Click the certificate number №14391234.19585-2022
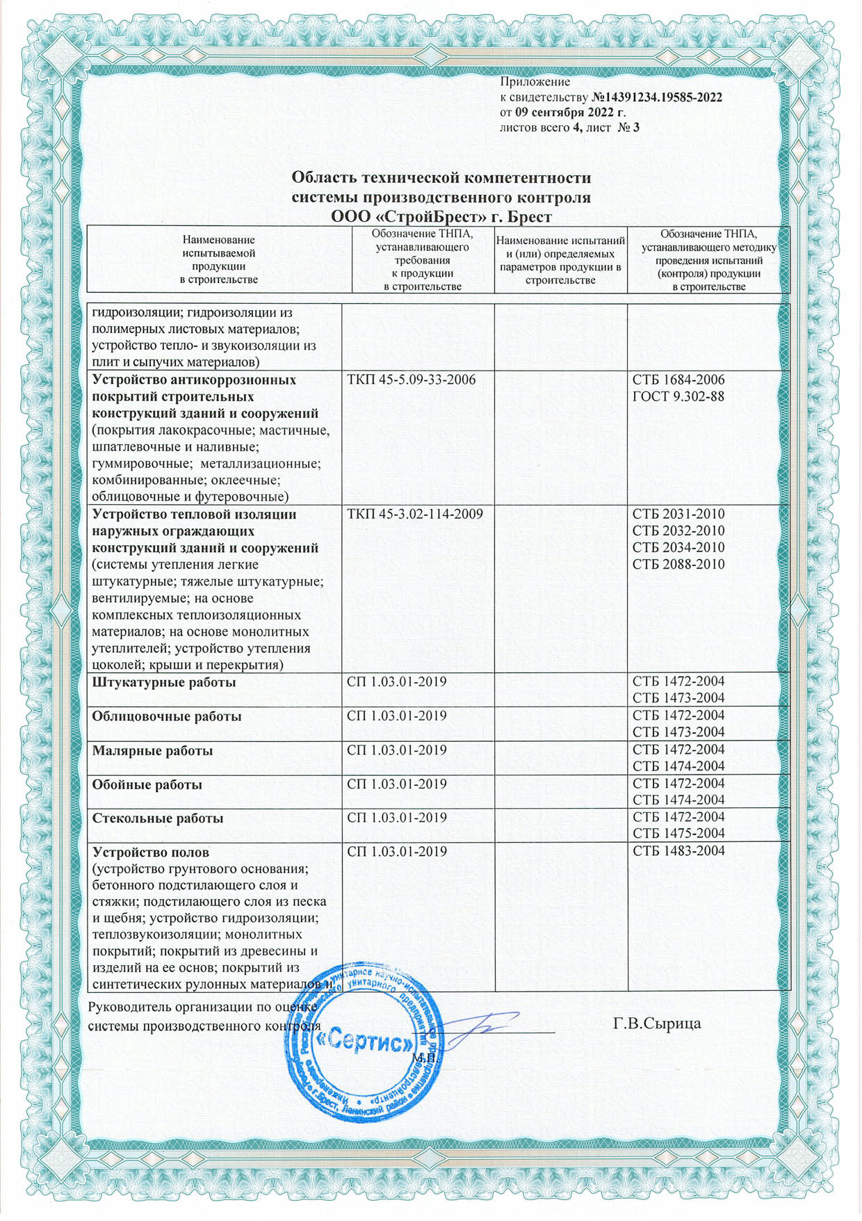[657, 97]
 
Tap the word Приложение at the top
[535, 82]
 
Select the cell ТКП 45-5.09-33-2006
[412, 380]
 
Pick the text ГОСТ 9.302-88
[678, 397]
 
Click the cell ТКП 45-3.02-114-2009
[415, 515]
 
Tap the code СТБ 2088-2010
[678, 565]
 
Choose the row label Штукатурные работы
[164, 683]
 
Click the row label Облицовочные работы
[167, 716]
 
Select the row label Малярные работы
[153, 751]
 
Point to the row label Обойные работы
[147, 784]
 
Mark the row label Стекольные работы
[158, 818]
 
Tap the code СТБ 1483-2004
[678, 852]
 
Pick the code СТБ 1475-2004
[678, 834]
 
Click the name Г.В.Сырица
[657, 1024]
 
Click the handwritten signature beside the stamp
[480, 1028]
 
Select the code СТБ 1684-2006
[678, 380]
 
